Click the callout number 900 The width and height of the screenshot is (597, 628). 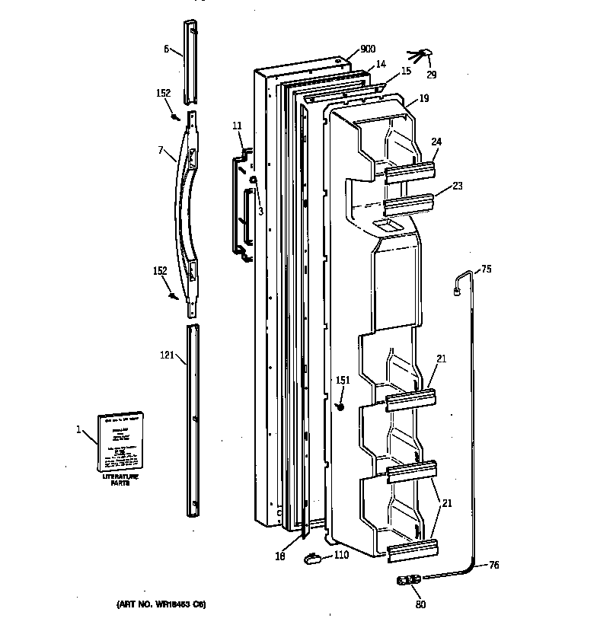coord(368,49)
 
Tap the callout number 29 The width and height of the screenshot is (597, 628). coord(432,75)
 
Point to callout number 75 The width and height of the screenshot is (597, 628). coord(487,269)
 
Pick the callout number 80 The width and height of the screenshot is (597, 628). coord(421,604)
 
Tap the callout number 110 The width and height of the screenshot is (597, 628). coord(341,555)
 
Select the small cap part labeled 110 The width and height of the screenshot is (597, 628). coord(312,559)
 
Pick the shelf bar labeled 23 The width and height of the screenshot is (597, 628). coord(409,205)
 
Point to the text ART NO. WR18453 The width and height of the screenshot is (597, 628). coord(161,604)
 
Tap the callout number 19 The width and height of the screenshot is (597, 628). coord(423,98)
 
